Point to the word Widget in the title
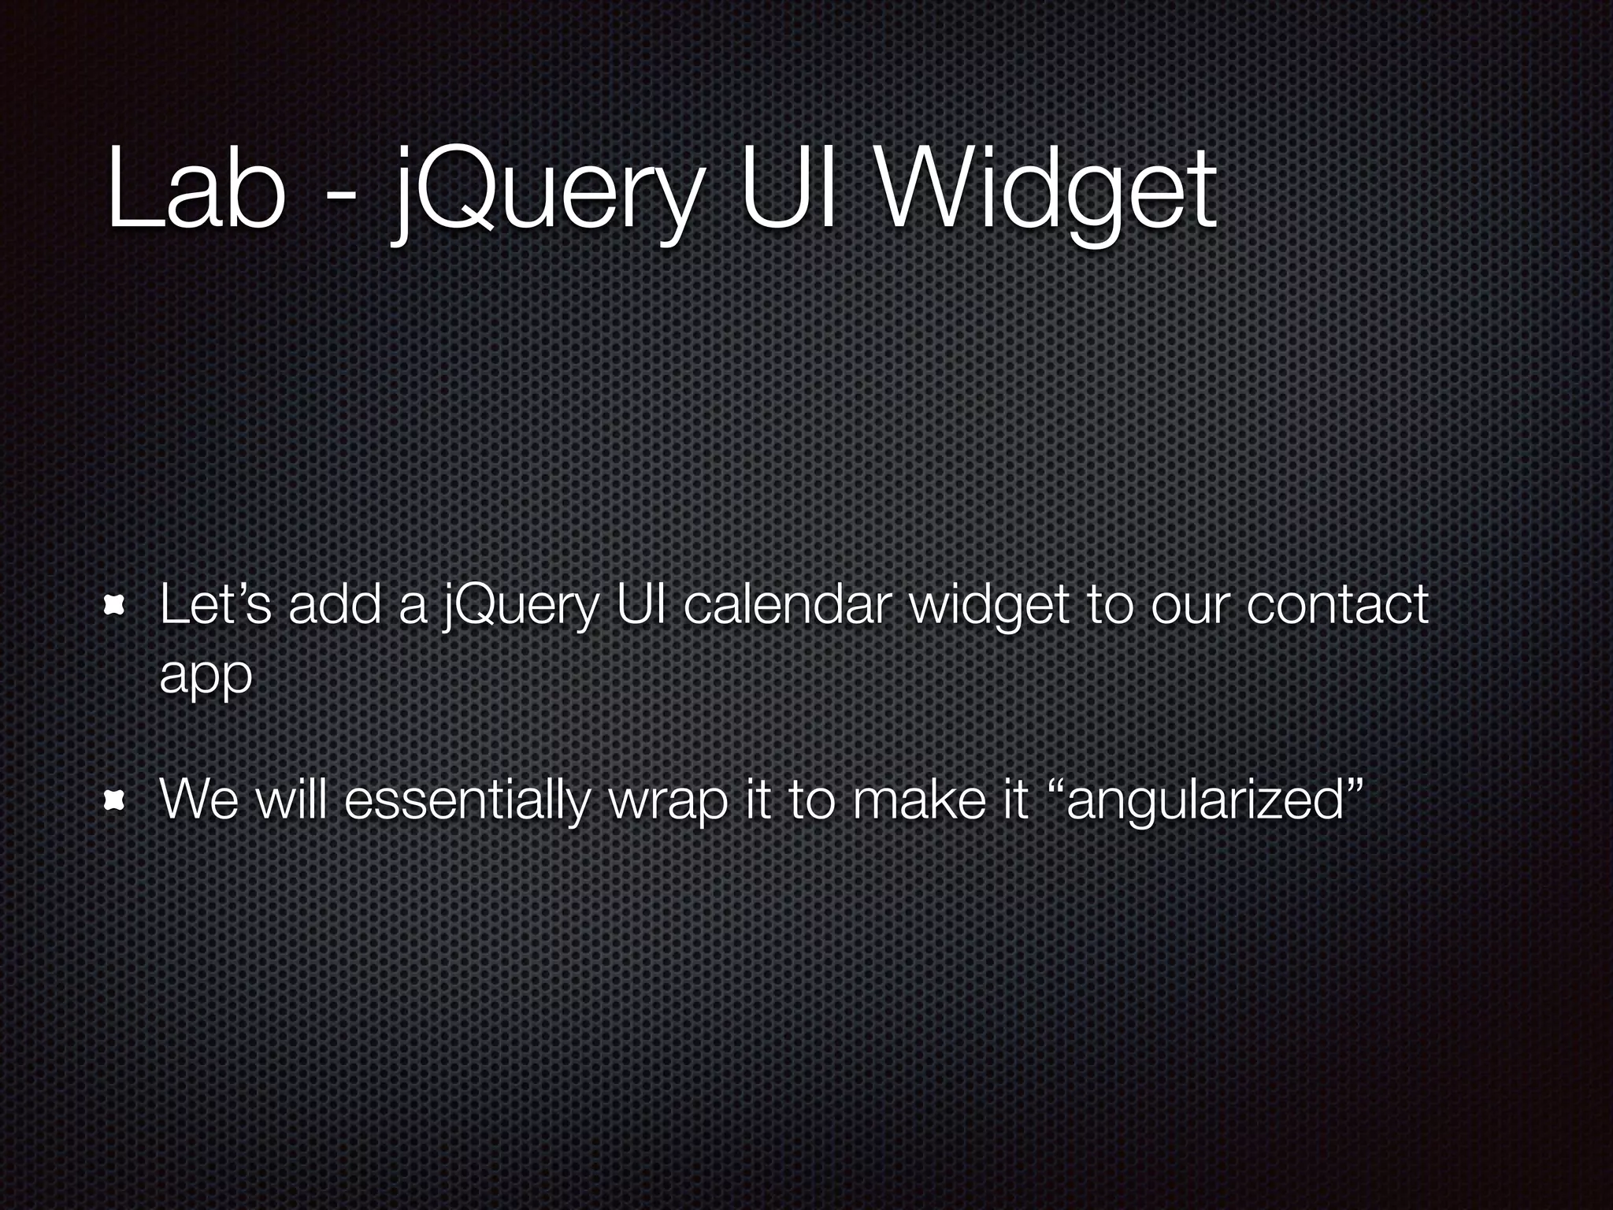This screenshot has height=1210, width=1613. (x=1048, y=193)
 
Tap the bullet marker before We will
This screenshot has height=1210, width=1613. (x=116, y=801)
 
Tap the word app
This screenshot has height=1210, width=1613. (x=206, y=676)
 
